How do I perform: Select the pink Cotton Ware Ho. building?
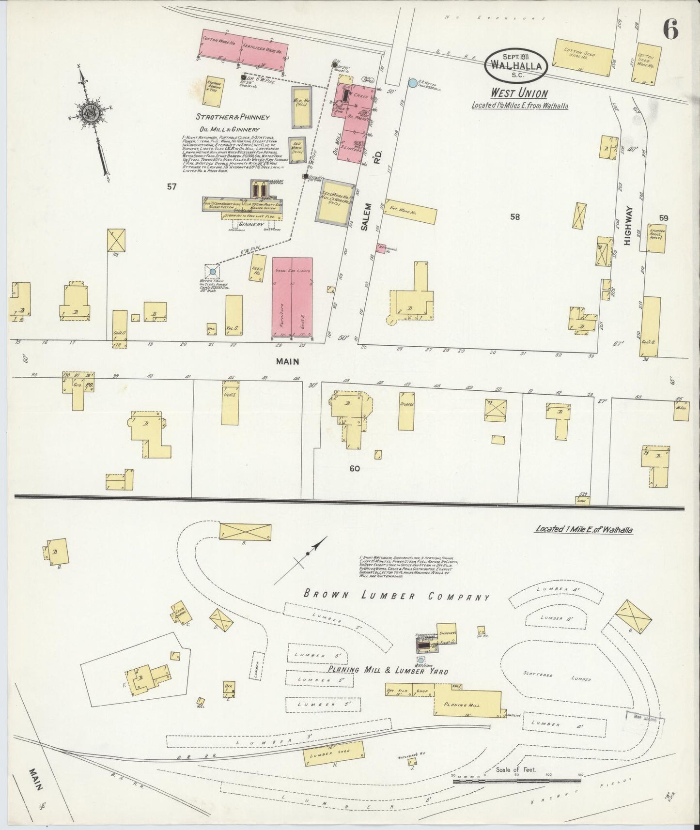point(221,47)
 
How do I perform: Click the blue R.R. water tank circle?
point(412,83)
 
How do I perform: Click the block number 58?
point(514,217)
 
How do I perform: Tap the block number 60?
point(354,468)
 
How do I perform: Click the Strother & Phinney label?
point(233,117)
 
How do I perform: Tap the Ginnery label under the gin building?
point(251,225)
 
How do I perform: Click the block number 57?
point(171,187)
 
